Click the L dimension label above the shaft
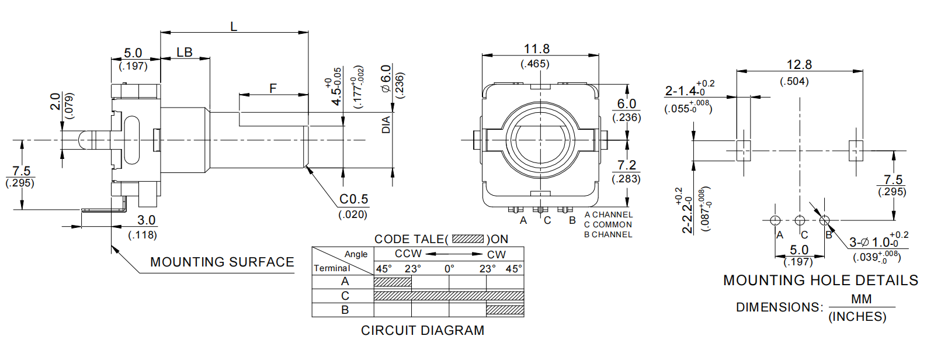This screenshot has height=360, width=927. click(234, 26)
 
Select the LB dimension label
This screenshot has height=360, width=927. click(185, 52)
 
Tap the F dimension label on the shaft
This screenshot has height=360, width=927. click(273, 88)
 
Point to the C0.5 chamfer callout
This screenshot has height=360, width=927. click(354, 199)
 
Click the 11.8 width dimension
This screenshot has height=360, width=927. click(536, 49)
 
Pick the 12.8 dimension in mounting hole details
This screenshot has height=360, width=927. click(799, 65)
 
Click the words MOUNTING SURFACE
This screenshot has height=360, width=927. click(222, 262)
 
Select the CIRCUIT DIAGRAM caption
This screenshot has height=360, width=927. click(422, 330)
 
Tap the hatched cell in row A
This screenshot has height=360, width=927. click(393, 282)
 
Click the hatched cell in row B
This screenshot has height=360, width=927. click(505, 310)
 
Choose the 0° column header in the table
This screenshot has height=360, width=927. click(449, 269)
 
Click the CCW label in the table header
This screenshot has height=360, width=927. click(408, 254)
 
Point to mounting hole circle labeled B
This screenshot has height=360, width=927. click(824, 220)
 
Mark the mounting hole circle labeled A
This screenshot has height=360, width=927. click(775, 220)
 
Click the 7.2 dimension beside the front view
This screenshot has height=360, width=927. click(627, 165)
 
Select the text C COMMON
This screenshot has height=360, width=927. click(608, 224)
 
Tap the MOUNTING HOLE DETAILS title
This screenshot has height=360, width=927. click(821, 281)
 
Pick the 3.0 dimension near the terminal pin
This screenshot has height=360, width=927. click(146, 220)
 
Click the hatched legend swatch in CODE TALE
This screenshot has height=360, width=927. click(468, 239)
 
